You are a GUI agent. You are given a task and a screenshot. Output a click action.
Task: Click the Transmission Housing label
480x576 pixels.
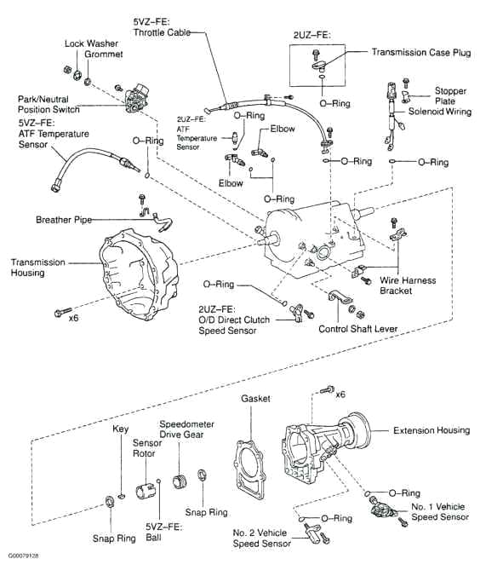[37, 268]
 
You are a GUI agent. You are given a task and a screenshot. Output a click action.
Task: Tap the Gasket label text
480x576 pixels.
[254, 398]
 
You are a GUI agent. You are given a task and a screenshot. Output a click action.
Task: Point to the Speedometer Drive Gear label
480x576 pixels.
[186, 429]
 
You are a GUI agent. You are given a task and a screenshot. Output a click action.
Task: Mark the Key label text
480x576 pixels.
[121, 430]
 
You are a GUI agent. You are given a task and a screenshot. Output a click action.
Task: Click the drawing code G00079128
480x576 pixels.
[23, 556]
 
